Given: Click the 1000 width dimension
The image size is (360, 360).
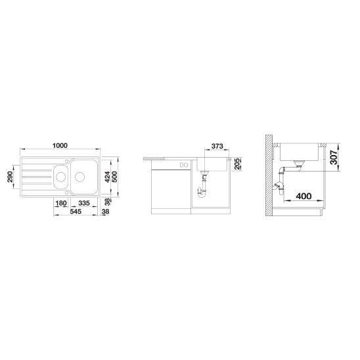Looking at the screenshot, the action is pyautogui.click(x=60, y=146).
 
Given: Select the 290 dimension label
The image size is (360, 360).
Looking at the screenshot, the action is pyautogui.click(x=10, y=177).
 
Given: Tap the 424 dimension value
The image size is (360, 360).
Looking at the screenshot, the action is pyautogui.click(x=107, y=177).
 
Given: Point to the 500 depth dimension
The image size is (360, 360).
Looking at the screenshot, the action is pyautogui.click(x=114, y=177).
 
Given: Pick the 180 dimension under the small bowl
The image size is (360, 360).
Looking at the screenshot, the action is pyautogui.click(x=61, y=203).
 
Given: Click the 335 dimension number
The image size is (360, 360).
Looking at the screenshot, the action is pyautogui.click(x=84, y=203).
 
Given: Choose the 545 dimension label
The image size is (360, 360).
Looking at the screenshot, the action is pyautogui.click(x=76, y=212).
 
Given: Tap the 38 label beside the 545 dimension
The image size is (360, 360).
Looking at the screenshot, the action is pyautogui.click(x=105, y=212).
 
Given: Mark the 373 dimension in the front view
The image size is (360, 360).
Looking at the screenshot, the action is pyautogui.click(x=217, y=146).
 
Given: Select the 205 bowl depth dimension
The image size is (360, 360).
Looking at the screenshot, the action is pyautogui.click(x=237, y=164).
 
